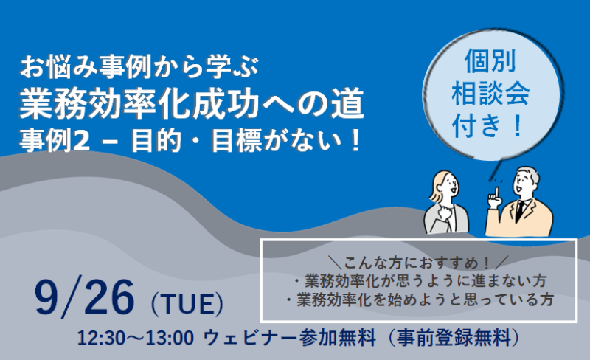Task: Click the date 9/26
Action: [x=84, y=298]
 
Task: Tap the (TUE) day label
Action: [x=187, y=304]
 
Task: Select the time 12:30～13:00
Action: [x=136, y=338]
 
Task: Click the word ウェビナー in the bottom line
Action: [x=250, y=338]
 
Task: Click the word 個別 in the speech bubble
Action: [x=490, y=61]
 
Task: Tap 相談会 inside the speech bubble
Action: [x=490, y=94]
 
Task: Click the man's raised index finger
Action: [x=497, y=192]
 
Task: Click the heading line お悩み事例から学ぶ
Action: [x=139, y=68]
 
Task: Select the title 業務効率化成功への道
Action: [x=192, y=103]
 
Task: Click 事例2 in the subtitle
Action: [x=55, y=141]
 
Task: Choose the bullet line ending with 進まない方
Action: [x=420, y=281]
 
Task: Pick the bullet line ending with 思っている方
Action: [x=420, y=300]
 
